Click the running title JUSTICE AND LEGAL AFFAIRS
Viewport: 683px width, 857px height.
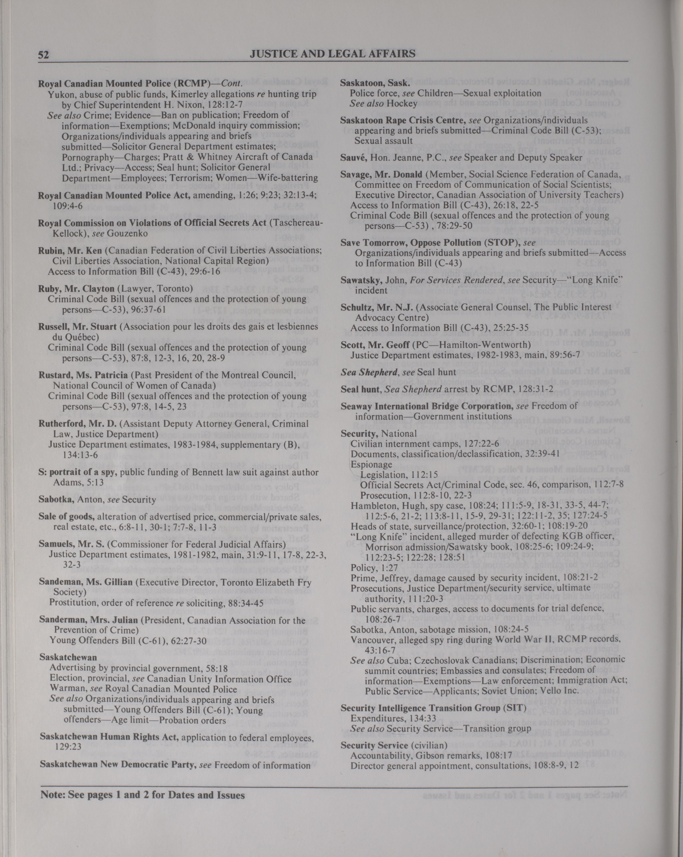pos(332,53)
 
